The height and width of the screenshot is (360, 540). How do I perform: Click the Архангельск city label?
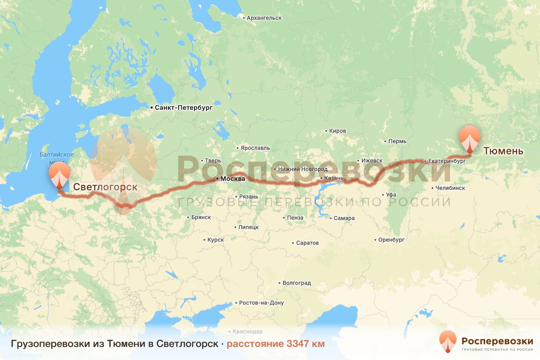click(264, 18)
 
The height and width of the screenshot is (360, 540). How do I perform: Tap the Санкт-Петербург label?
click(183, 108)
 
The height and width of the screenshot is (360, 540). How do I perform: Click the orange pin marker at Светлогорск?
click(59, 175)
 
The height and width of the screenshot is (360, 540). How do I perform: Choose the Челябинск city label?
click(450, 188)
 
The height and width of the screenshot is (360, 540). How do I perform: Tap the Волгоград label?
click(297, 283)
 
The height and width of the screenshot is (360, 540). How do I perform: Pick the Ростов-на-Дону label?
click(261, 303)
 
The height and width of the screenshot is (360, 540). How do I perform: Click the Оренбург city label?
click(391, 240)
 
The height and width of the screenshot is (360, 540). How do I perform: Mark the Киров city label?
click(337, 131)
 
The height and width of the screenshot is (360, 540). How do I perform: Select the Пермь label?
click(397, 141)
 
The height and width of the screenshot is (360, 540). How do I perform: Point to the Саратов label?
click(307, 243)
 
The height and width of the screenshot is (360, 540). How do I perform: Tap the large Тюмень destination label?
click(503, 151)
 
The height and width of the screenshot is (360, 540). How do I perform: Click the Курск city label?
click(216, 240)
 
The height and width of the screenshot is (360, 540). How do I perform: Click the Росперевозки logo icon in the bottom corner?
click(448, 342)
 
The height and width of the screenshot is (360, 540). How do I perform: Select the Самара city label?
click(344, 218)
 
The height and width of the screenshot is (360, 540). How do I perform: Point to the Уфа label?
click(391, 195)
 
